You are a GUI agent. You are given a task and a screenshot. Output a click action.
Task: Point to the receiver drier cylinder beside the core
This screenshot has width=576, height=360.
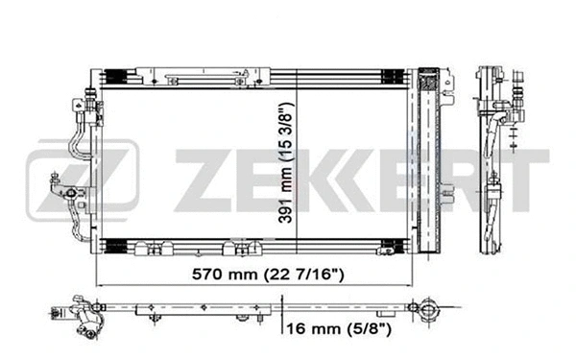point(445,154)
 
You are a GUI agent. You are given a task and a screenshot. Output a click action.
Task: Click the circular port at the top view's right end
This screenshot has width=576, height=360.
point(426,309)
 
